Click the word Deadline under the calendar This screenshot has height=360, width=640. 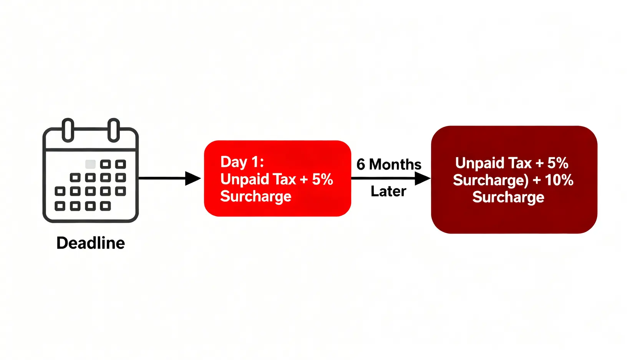pyautogui.click(x=91, y=243)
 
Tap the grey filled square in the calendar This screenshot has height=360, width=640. pyautogui.click(x=90, y=164)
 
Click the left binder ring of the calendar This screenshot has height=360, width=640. pyautogui.click(x=68, y=130)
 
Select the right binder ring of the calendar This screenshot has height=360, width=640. pyautogui.click(x=114, y=130)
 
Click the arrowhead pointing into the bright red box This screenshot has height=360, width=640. pyautogui.click(x=193, y=178)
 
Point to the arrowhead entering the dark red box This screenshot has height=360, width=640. pyautogui.click(x=423, y=178)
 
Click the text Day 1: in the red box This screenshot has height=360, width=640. pyautogui.click(x=242, y=162)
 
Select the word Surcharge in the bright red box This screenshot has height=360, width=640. pyautogui.click(x=256, y=197)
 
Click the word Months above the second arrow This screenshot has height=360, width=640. pyautogui.click(x=395, y=164)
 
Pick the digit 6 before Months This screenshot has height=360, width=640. pyautogui.click(x=361, y=164)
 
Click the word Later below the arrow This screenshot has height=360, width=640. pyautogui.click(x=388, y=191)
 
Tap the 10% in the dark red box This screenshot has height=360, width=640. pyautogui.click(x=559, y=180)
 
